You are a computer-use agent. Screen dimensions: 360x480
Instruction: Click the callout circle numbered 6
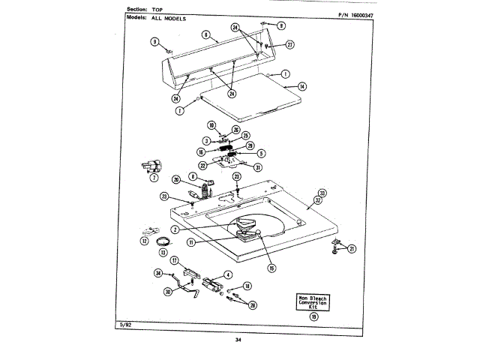(205, 34)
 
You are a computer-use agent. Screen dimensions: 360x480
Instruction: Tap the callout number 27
(290, 44)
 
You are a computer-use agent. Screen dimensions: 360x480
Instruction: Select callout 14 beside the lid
(301, 87)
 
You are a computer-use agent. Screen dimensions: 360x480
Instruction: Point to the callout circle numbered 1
(286, 74)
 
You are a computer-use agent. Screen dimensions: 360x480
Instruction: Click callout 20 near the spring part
(176, 179)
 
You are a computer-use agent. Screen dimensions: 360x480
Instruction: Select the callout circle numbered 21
(352, 248)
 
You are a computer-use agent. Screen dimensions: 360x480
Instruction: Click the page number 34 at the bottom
(238, 340)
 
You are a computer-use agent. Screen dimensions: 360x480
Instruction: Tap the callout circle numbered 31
(258, 167)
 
